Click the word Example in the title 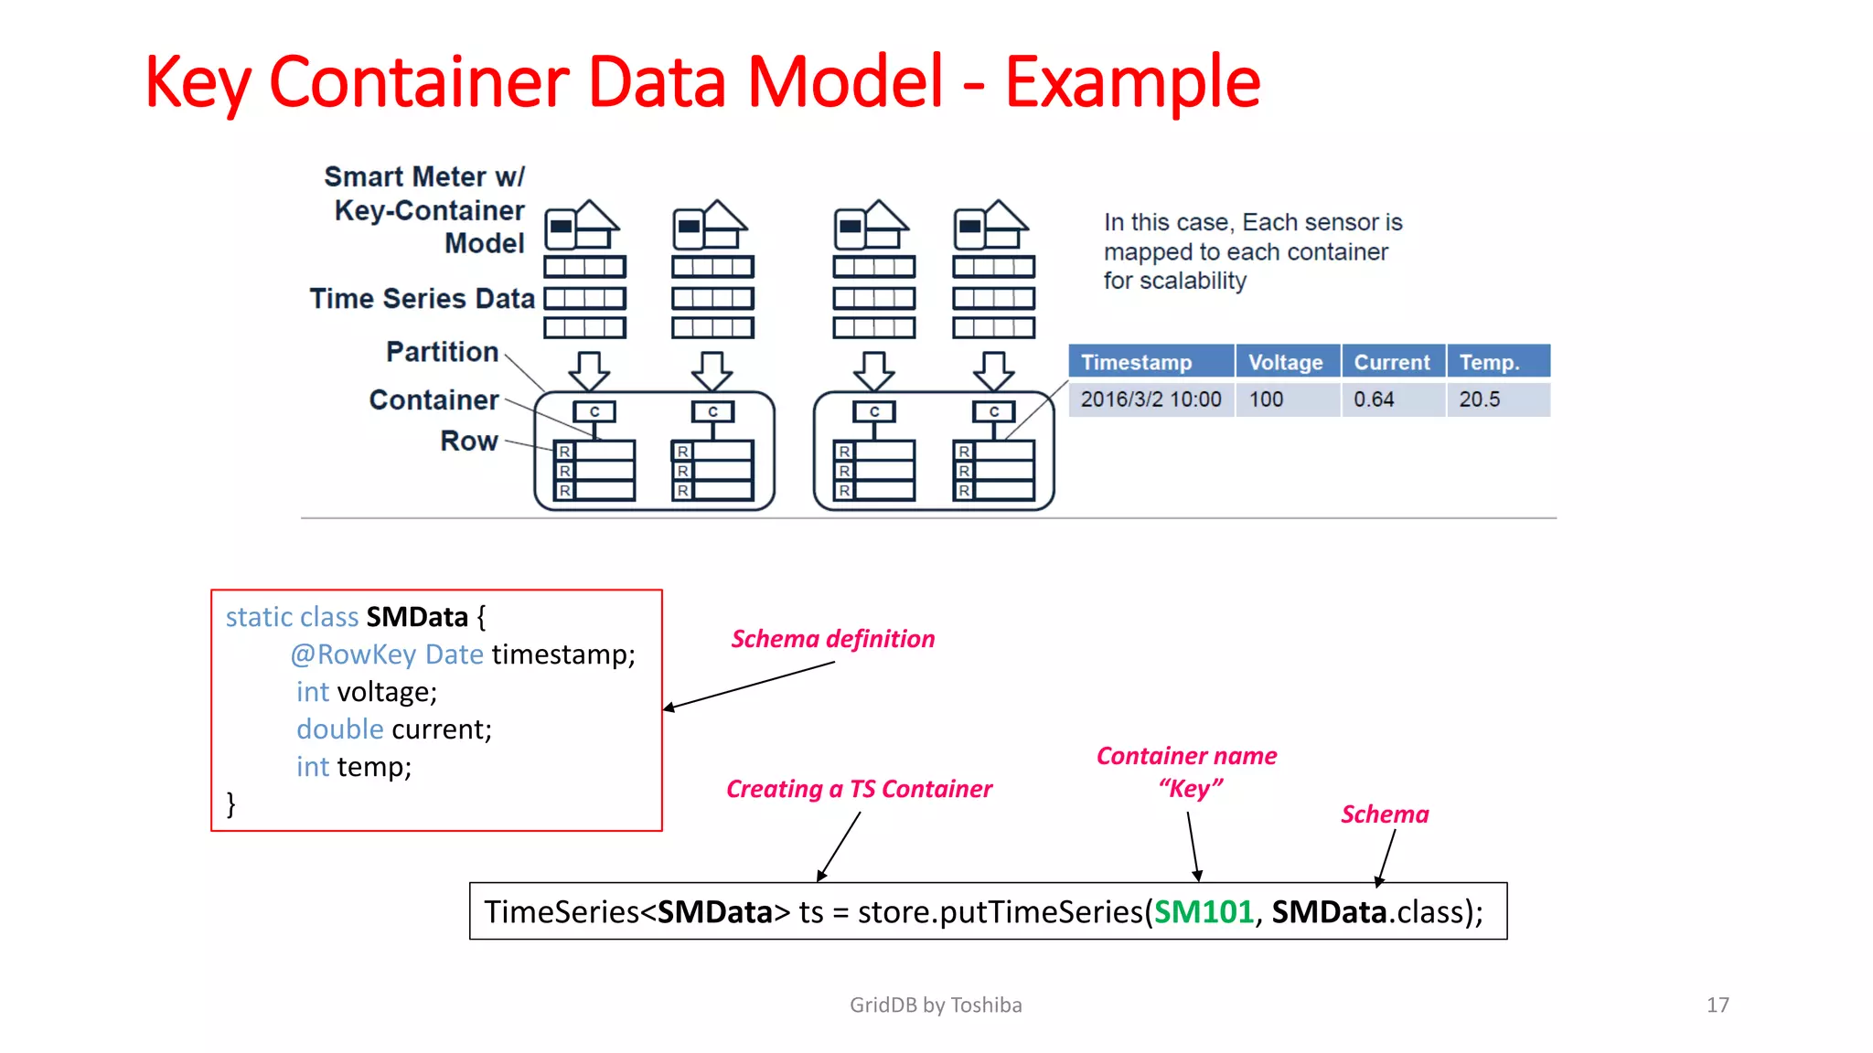pyautogui.click(x=1132, y=82)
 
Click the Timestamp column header pyautogui.click(x=1136, y=363)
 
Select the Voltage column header pyautogui.click(x=1285, y=363)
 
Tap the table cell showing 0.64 pyautogui.click(x=1374, y=399)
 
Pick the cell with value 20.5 pyautogui.click(x=1479, y=399)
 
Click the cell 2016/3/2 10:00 pyautogui.click(x=1151, y=399)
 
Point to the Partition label pyautogui.click(x=442, y=352)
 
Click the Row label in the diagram pyautogui.click(x=469, y=441)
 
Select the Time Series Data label pyautogui.click(x=422, y=299)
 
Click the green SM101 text pyautogui.click(x=1203, y=912)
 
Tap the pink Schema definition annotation pyautogui.click(x=832, y=639)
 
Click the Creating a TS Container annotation pyautogui.click(x=859, y=789)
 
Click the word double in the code pyautogui.click(x=339, y=729)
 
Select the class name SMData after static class pyautogui.click(x=417, y=617)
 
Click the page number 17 pyautogui.click(x=1718, y=1005)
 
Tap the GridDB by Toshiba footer pyautogui.click(x=936, y=1005)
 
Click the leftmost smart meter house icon pyautogui.click(x=583, y=225)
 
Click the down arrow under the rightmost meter pyautogui.click(x=993, y=370)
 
